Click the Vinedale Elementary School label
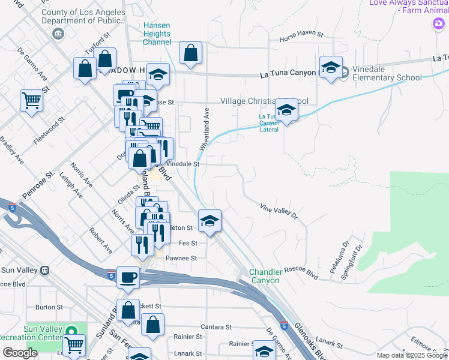(387, 73)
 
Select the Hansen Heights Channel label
(157, 33)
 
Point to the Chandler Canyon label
(265, 277)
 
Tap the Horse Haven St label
(301, 40)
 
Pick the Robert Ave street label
(101, 239)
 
